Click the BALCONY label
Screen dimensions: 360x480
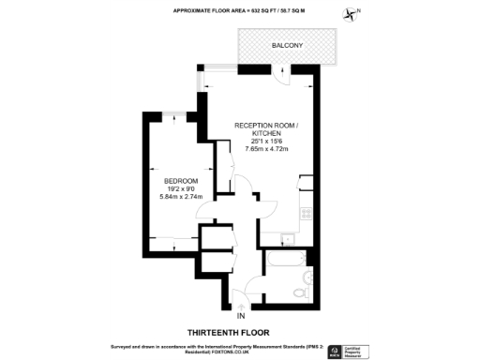point(286,45)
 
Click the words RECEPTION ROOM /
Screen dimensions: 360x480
point(266,126)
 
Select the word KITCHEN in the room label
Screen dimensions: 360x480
point(266,133)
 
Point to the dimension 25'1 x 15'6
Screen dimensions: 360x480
point(266,141)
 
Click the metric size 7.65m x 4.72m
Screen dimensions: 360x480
point(266,149)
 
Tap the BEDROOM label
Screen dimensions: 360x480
point(181,180)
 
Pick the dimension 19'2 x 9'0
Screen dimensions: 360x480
point(181,187)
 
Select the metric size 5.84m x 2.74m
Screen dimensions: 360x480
point(181,196)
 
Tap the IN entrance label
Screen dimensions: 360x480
point(240,315)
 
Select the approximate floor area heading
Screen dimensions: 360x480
point(239,10)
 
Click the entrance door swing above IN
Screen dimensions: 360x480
point(241,299)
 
